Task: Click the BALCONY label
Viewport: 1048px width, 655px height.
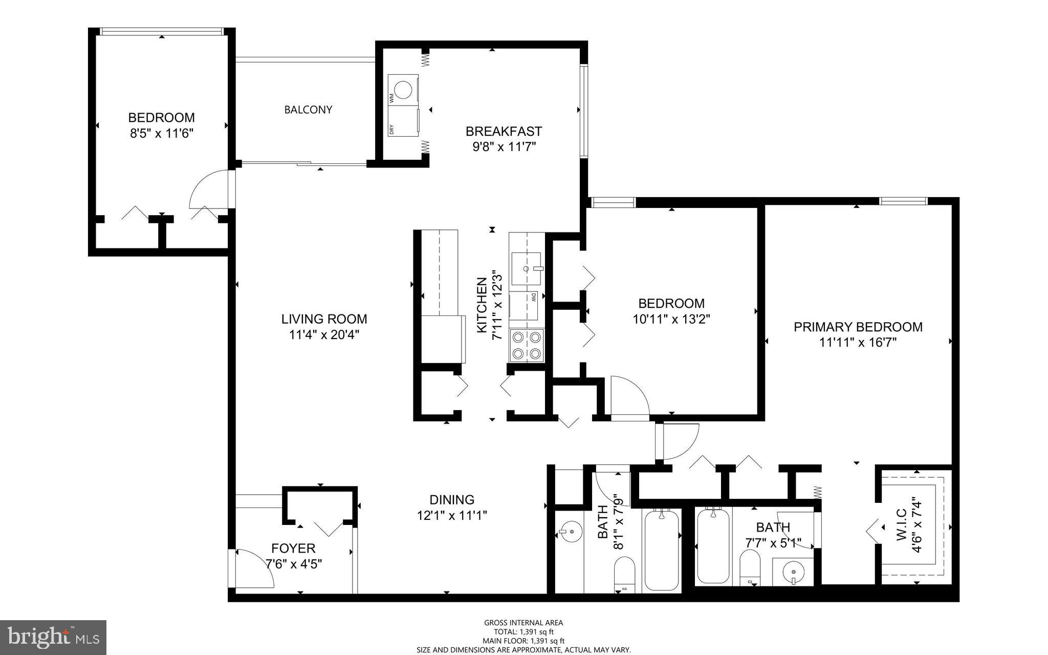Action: [x=308, y=110]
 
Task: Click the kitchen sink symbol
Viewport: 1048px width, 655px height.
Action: [x=526, y=268]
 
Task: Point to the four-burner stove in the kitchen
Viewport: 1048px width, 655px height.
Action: [x=527, y=346]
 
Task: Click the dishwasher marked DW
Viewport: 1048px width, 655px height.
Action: [x=524, y=306]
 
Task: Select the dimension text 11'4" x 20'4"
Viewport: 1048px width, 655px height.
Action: [x=324, y=335]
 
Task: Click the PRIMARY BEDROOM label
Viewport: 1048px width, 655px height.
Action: [x=858, y=327]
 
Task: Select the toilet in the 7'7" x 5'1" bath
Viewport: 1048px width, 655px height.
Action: [x=750, y=567]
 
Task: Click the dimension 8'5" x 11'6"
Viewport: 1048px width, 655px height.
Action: [x=161, y=134]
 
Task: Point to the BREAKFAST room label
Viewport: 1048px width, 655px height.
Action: [x=503, y=131]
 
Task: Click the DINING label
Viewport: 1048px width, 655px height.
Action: [x=451, y=499]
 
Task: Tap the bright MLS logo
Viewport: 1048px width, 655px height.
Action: [x=53, y=637]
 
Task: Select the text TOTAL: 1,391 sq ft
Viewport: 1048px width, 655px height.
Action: [x=523, y=632]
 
